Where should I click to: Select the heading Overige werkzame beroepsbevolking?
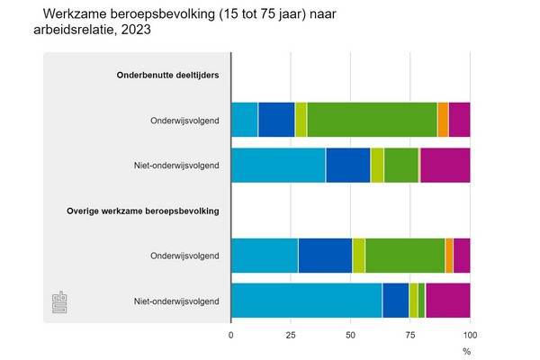(143, 211)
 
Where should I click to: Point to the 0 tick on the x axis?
(231, 334)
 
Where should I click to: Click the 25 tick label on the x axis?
(291, 334)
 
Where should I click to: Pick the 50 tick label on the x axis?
(350, 334)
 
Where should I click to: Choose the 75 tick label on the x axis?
(410, 334)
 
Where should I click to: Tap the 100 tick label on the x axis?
(470, 334)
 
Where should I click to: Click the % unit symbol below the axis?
(466, 349)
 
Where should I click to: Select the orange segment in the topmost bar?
(443, 120)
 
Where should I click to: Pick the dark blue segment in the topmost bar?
(276, 120)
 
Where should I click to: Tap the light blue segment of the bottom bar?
(306, 301)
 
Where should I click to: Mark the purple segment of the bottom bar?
(447, 301)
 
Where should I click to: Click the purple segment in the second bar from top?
(445, 166)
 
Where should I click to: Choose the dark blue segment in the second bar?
(347, 166)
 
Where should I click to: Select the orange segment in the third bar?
(449, 256)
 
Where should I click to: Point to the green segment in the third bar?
(405, 256)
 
